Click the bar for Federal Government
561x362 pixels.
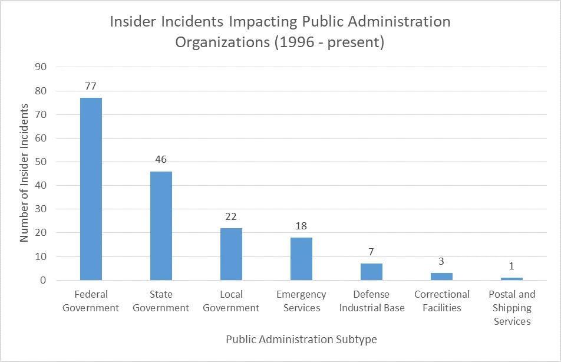click(x=91, y=189)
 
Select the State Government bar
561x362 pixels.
click(x=161, y=225)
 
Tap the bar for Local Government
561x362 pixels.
click(x=231, y=254)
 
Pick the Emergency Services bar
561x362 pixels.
click(x=301, y=259)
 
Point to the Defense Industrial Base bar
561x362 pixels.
click(x=371, y=272)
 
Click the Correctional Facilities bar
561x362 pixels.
click(x=441, y=277)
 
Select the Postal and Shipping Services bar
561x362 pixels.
click(x=511, y=279)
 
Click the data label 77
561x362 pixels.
click(x=91, y=86)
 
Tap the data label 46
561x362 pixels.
click(x=161, y=159)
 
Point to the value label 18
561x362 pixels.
click(x=301, y=226)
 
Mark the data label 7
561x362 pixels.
click(x=371, y=252)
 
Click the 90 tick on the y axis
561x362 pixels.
click(x=41, y=67)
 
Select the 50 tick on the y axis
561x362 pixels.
click(x=41, y=162)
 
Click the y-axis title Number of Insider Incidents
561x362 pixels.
click(x=25, y=173)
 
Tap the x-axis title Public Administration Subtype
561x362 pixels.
click(x=301, y=340)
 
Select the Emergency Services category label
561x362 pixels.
click(x=301, y=301)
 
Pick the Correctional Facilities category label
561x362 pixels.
click(x=441, y=301)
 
